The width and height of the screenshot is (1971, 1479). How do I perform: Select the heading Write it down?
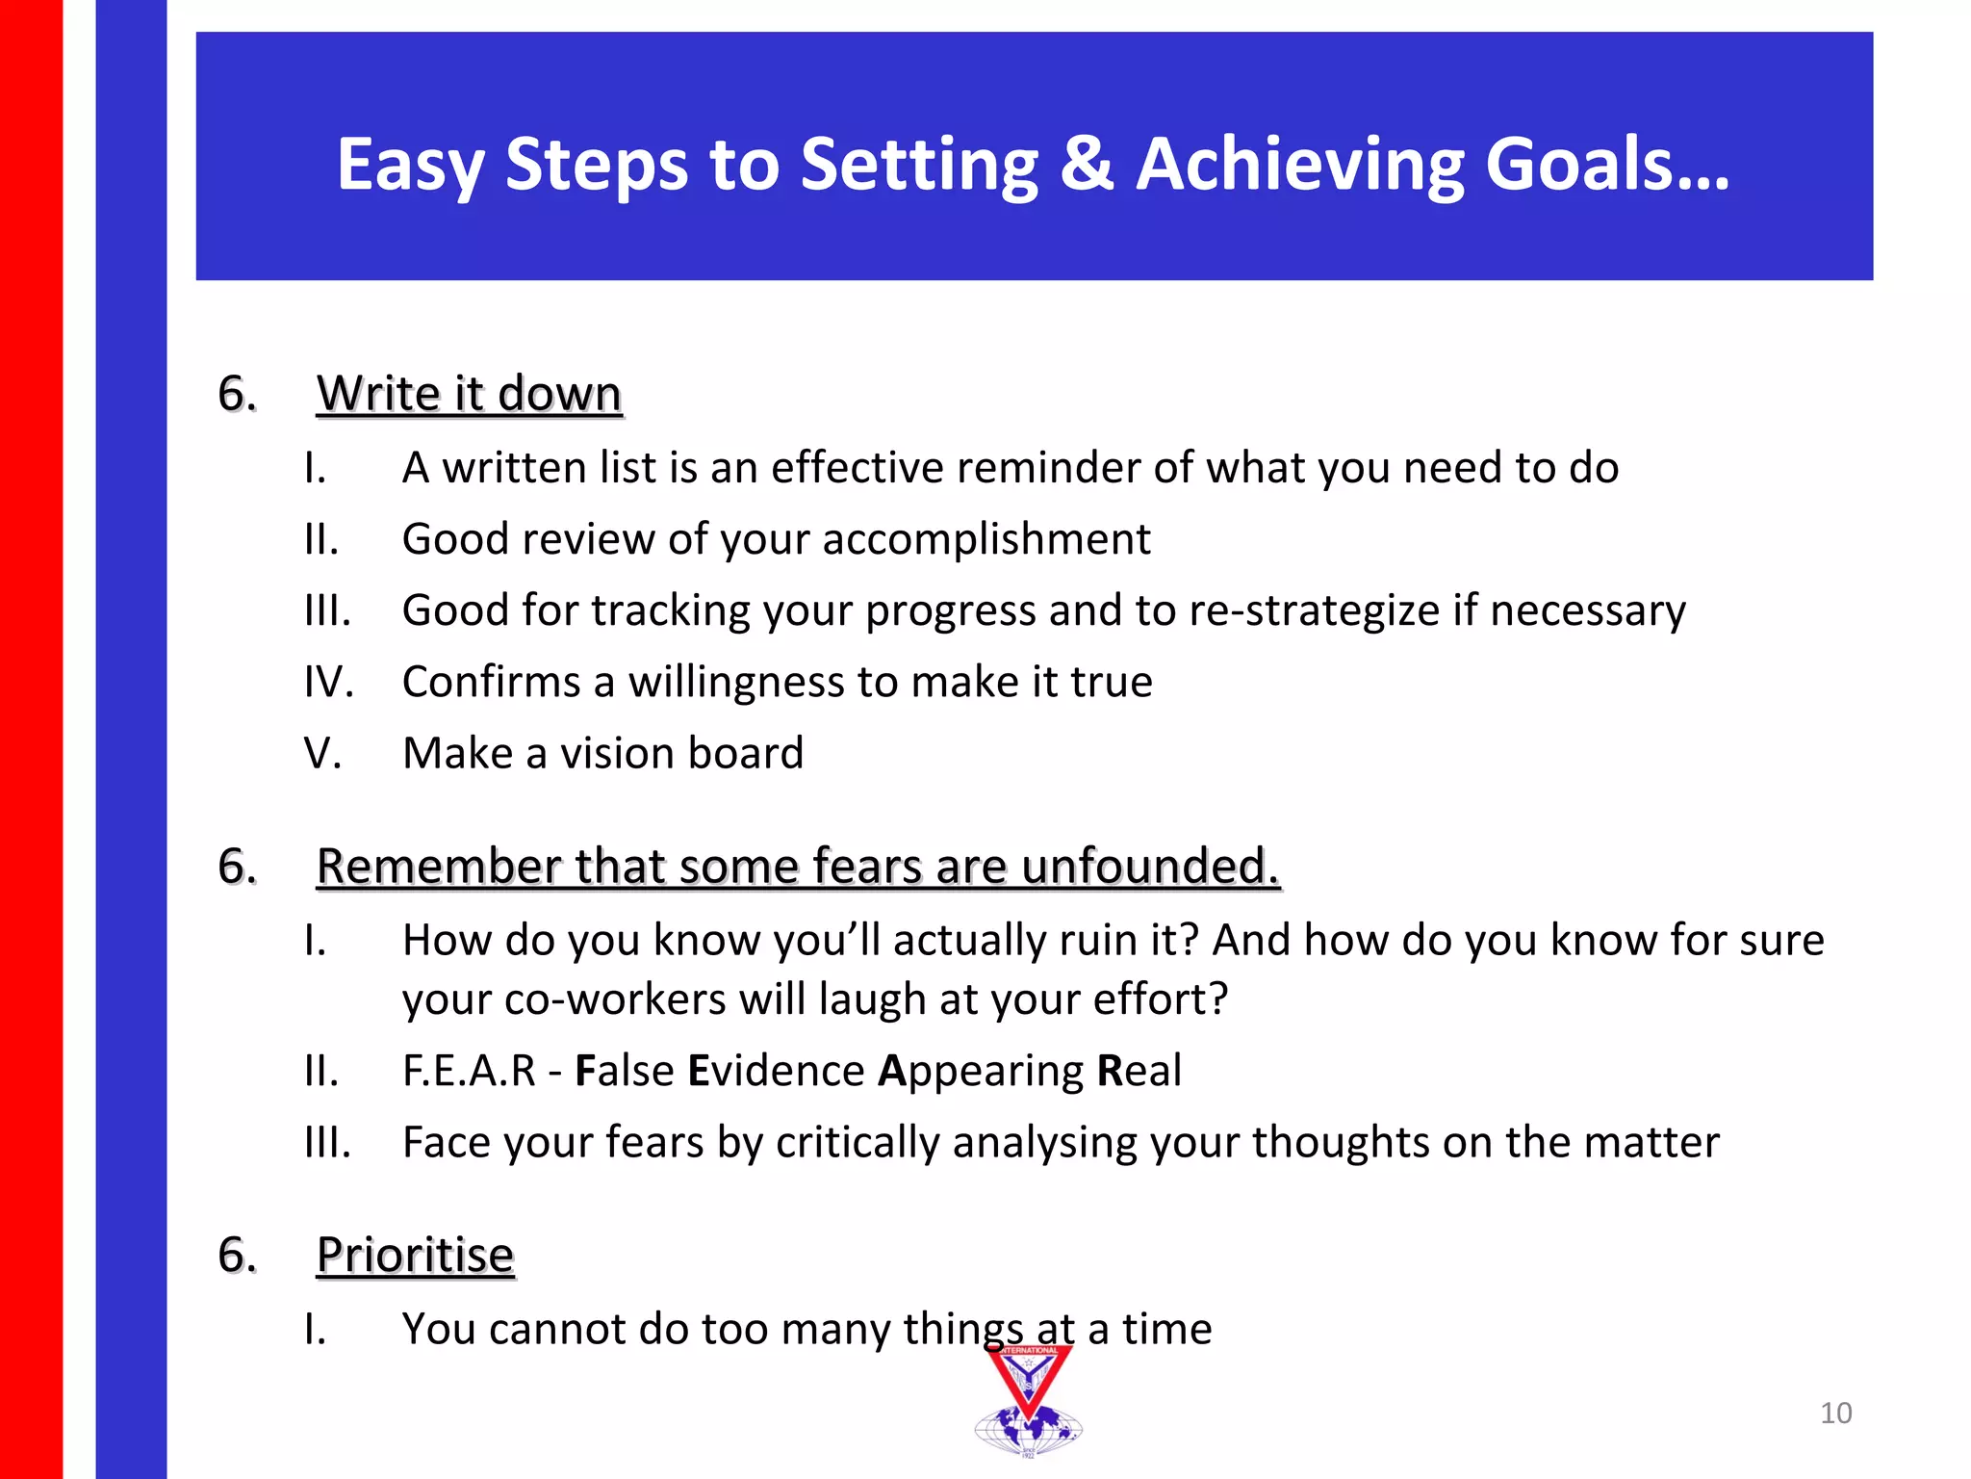[x=470, y=394]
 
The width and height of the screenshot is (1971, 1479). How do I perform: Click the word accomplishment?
[x=985, y=539]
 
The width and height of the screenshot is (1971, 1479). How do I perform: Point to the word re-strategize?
[x=1314, y=611]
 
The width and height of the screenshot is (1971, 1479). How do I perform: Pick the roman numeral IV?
[x=328, y=682]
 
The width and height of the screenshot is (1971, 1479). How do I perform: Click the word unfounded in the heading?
[x=1149, y=866]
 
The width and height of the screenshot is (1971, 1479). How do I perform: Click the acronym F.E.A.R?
[x=469, y=1071]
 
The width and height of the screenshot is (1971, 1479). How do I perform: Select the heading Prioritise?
[x=416, y=1255]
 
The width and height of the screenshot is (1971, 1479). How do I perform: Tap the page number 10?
[x=1835, y=1413]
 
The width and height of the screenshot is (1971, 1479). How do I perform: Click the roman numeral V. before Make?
[x=322, y=753]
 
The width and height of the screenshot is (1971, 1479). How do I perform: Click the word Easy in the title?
[x=410, y=164]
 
